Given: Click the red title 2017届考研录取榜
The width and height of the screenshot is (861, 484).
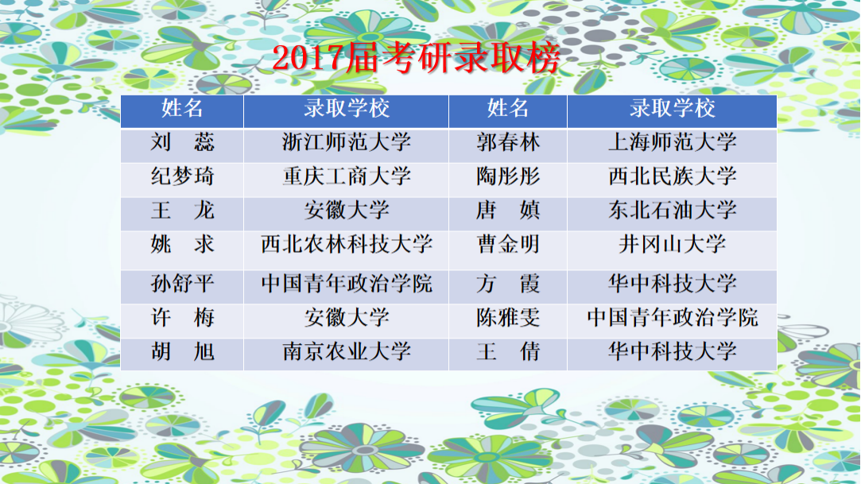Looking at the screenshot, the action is point(417,57).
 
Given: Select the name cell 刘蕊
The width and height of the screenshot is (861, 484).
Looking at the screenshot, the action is point(182,143).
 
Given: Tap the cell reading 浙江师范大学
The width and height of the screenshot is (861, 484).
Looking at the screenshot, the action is point(347,142).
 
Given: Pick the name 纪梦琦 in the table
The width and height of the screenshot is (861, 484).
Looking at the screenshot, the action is point(182,176).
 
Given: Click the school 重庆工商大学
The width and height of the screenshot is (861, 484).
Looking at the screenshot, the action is point(347,176).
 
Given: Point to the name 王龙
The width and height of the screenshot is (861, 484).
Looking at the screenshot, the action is point(182,211).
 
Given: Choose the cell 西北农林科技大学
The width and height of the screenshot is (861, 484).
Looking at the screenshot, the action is point(347,245).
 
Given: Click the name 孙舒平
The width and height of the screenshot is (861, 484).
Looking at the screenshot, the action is point(182,285).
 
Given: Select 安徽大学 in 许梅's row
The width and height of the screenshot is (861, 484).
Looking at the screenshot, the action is point(347,318).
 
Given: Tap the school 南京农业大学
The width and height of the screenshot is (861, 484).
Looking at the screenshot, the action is point(347,352).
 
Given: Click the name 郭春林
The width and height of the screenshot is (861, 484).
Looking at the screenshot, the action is point(508,143).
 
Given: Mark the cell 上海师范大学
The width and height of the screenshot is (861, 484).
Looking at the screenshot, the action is point(672,142).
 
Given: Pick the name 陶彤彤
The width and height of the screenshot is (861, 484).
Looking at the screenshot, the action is point(508,176).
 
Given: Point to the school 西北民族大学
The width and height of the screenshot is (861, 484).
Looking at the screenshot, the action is point(672,176).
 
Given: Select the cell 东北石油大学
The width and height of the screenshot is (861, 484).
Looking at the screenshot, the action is point(672,211).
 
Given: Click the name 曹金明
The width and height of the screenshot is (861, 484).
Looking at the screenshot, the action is point(508,245).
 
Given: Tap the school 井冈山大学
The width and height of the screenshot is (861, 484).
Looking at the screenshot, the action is point(672,245).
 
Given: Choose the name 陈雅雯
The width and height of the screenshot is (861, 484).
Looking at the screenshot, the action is point(508,318).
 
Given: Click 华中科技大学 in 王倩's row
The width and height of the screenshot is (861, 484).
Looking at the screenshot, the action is point(672,352).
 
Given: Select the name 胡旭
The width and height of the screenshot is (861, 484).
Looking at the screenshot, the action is point(182,352).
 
